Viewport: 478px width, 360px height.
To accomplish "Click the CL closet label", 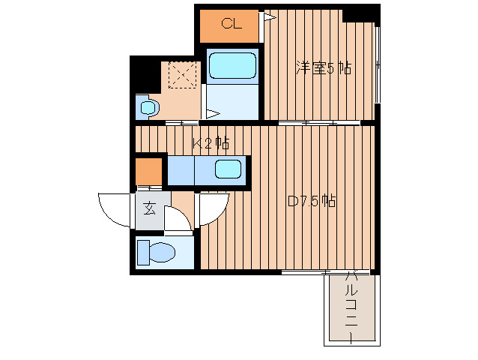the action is (x=232, y=23).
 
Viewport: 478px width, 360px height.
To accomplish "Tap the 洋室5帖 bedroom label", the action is (x=324, y=68).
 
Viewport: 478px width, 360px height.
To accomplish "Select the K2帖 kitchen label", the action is (x=211, y=143).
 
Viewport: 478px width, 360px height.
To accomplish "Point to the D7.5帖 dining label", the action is (x=312, y=201).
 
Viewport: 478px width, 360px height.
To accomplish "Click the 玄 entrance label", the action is (x=149, y=208).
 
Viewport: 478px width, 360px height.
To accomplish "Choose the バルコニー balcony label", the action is (x=351, y=308).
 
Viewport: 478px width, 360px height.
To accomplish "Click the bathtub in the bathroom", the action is (x=232, y=65).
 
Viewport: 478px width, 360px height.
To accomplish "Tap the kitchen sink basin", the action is (x=228, y=169).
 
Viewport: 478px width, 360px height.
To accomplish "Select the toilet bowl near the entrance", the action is (x=162, y=252).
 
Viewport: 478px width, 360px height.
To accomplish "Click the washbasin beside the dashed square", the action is (x=148, y=106).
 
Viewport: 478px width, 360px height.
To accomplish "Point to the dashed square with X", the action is (x=183, y=75).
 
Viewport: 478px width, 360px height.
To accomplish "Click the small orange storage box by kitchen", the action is (x=148, y=171).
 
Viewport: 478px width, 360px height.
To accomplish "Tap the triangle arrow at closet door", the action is (x=270, y=17).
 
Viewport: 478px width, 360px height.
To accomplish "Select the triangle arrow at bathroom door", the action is (x=214, y=114).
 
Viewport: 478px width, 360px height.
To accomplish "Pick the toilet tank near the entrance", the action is (x=143, y=252).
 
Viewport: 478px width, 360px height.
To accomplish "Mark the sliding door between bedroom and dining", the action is (x=319, y=123).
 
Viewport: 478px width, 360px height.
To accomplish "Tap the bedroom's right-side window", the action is (x=378, y=65).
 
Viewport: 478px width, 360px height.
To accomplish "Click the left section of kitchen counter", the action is (x=181, y=170).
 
